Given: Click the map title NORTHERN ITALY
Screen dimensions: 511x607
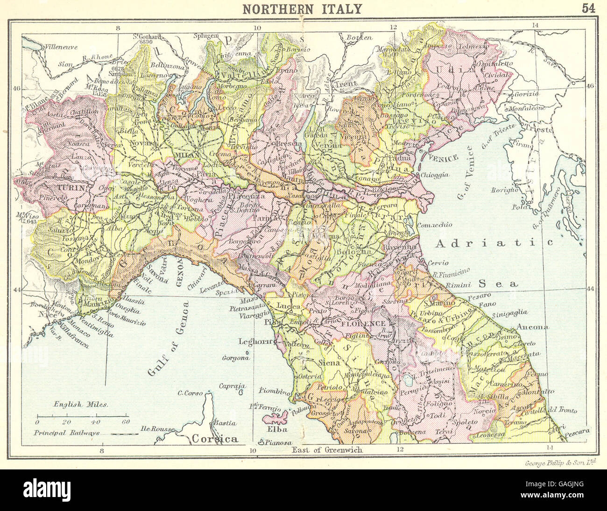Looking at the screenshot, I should (303, 8).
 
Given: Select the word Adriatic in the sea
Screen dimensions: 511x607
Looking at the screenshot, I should (494, 243).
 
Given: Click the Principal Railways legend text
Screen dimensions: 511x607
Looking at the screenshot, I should (69, 433).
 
